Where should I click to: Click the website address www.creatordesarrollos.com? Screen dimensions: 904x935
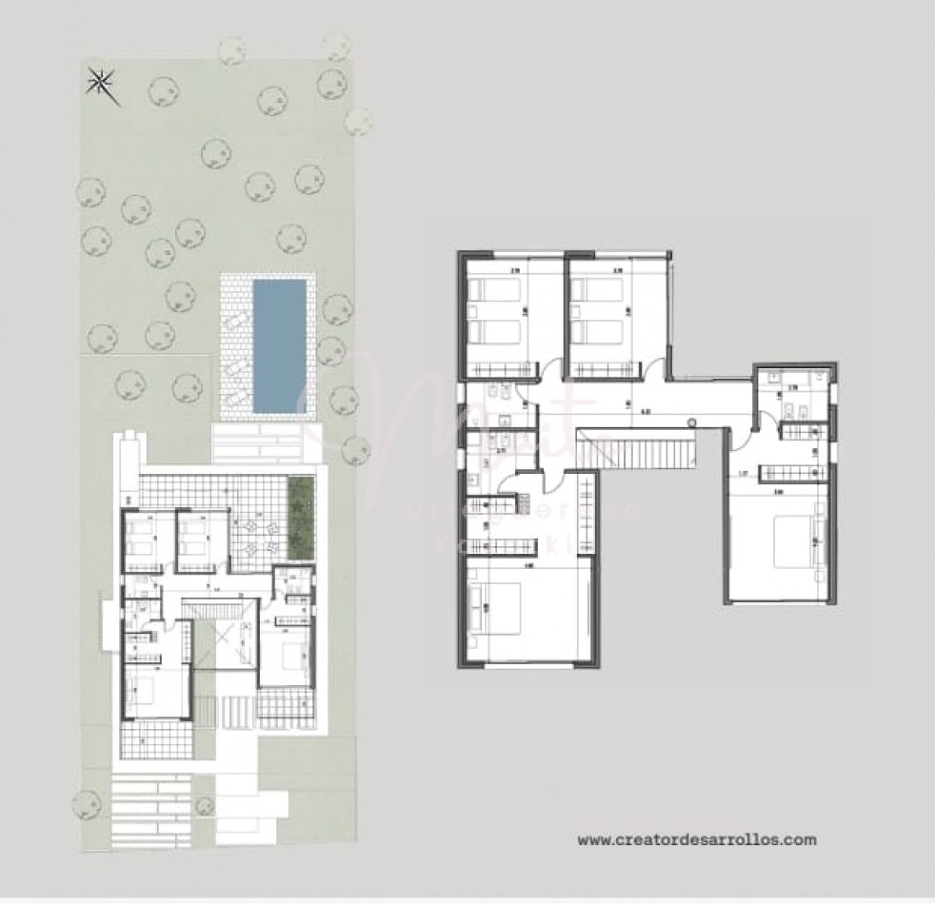pyautogui.click(x=697, y=839)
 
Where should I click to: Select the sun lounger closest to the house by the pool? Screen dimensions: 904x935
pyautogui.click(x=234, y=393)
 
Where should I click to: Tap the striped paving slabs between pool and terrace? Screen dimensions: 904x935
pyautogui.click(x=254, y=442)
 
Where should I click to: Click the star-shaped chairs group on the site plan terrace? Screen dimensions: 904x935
pyautogui.click(x=257, y=537)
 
